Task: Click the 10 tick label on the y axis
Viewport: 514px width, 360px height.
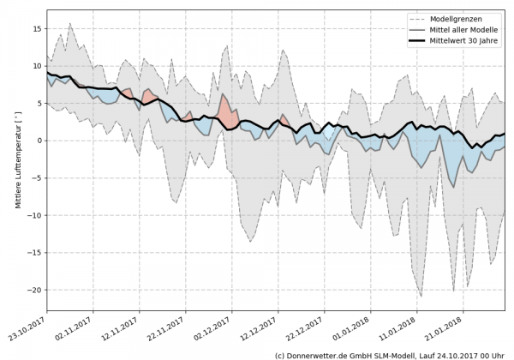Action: coord(37,66)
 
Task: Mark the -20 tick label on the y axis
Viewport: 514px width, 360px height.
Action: coord(34,290)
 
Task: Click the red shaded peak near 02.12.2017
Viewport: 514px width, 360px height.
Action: coord(224,105)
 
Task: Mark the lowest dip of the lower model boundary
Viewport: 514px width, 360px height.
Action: coord(421,296)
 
